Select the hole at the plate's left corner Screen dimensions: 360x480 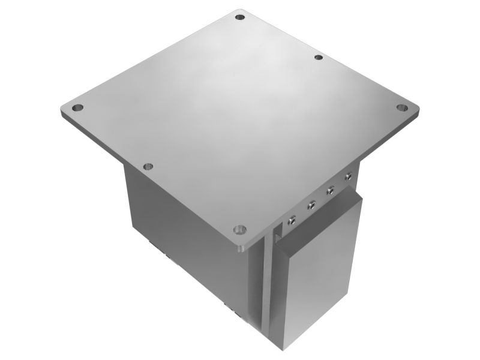click(x=77, y=109)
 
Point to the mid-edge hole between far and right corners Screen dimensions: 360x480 click(x=319, y=58)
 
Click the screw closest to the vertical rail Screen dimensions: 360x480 click(x=292, y=220)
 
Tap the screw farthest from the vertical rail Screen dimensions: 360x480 click(x=347, y=176)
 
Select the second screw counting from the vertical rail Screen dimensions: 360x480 click(x=311, y=206)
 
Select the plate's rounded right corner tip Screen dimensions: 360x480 click(x=418, y=109)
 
